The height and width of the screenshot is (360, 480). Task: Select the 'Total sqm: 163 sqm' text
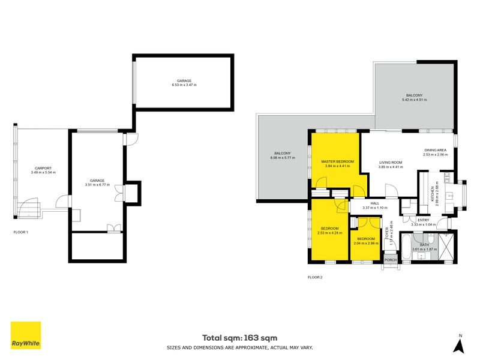(x=239, y=338)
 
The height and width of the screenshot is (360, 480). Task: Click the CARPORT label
(x=43, y=168)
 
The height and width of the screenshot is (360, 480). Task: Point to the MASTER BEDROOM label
(x=337, y=162)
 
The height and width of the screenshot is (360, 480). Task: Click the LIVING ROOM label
(x=390, y=162)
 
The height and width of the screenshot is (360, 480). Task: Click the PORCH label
(x=390, y=259)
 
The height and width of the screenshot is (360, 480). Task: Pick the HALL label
(x=374, y=203)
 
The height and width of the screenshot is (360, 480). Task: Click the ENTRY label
(x=424, y=220)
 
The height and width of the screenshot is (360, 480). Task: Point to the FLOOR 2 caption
(x=315, y=277)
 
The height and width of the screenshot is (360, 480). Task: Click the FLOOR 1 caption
(x=21, y=232)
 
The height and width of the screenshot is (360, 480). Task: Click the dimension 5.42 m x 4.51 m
(x=414, y=101)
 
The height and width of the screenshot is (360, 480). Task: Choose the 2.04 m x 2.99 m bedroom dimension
(x=365, y=243)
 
